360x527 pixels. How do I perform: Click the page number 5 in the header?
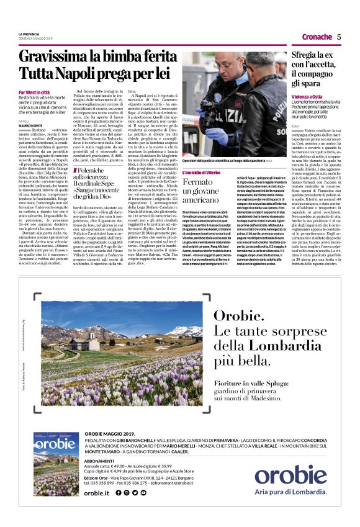click(339, 37)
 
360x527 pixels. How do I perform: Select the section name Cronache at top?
click(312, 37)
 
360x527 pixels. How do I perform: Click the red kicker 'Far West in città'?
click(35, 92)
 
